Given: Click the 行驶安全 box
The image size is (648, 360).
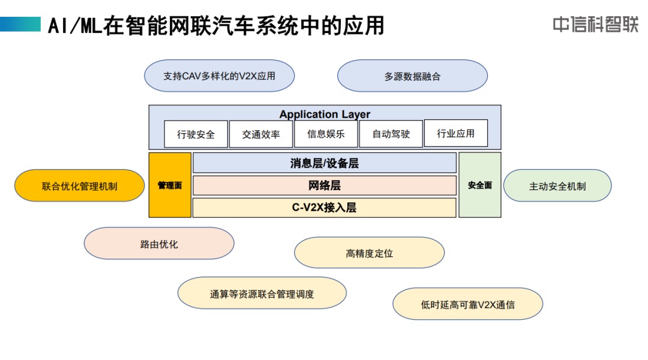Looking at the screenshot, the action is point(196,134).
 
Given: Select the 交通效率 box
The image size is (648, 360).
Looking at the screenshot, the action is point(261,134).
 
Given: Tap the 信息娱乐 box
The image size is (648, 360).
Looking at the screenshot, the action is point(326,134).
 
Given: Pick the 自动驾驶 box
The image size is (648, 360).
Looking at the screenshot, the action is point(391,134).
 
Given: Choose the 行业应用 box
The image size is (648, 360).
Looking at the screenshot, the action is point(456,133).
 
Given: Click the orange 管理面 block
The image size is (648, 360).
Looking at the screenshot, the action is point(170,185).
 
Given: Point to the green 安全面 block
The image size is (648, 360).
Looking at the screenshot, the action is point(480,185).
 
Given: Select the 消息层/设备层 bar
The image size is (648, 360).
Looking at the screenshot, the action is point(325,163).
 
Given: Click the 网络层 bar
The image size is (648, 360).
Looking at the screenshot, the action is point(325,185).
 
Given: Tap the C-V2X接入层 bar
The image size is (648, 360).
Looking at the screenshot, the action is point(325,208).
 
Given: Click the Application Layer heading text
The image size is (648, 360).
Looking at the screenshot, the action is point(325,114).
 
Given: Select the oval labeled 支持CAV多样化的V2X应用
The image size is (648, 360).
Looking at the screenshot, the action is point(220,76).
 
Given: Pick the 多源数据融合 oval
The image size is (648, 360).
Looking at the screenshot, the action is point(412,76).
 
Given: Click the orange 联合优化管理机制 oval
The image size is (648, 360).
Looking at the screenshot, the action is point(79,185).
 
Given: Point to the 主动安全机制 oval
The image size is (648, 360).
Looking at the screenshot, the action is point(557,185).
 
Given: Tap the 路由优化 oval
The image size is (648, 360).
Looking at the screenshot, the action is point(159,244).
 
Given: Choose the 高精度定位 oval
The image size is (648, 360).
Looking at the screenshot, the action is point(370,253).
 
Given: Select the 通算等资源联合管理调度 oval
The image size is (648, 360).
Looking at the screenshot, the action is point(262,293).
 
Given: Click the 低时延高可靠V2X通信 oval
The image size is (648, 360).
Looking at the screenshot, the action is point(468,304).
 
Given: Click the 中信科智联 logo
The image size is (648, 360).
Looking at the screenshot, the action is point(596,25).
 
